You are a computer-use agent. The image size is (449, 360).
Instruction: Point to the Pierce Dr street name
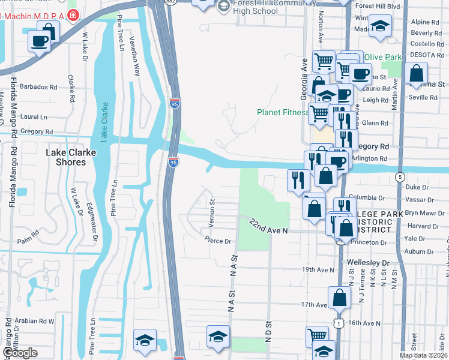pyautogui.click(x=218, y=241)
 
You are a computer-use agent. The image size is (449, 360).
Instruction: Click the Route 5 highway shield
pyautogui.click(x=400, y=176)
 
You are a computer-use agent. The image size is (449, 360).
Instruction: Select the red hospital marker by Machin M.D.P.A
pyautogui.click(x=73, y=14)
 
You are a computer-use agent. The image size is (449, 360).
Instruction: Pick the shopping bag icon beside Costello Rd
pyautogui.click(x=416, y=73)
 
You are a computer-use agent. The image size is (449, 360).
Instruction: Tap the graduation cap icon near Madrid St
pyautogui.click(x=380, y=26)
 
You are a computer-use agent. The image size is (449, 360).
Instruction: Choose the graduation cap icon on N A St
pyautogui.click(x=218, y=336)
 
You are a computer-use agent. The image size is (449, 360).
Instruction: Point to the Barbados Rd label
pyautogui.click(x=38, y=86)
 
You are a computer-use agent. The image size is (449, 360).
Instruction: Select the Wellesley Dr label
pyautogui.click(x=368, y=263)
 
